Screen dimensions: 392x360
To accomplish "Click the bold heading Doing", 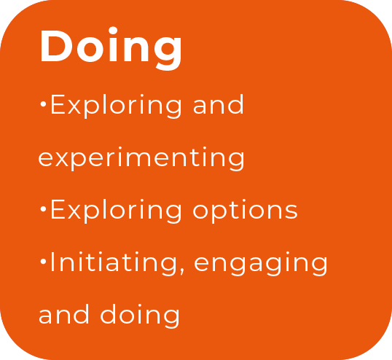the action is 111,48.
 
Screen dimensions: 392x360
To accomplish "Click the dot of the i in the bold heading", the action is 113,31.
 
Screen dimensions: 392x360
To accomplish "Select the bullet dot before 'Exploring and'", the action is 43,104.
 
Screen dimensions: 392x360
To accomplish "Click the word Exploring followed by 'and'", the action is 116,106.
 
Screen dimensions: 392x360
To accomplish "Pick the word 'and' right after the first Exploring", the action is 219,104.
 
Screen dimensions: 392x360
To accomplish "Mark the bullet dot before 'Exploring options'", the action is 43,209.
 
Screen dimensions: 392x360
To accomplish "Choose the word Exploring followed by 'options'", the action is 116,211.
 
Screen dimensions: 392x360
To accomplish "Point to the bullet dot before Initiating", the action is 43,262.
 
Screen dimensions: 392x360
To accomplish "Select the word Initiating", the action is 114,264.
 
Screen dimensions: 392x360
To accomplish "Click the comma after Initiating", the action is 182,272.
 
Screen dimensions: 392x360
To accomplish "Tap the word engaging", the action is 261,265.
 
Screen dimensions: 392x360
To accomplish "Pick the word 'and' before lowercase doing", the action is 63,314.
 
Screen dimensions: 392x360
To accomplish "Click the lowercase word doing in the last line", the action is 140,316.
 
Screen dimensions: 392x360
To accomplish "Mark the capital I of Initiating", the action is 52,262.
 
